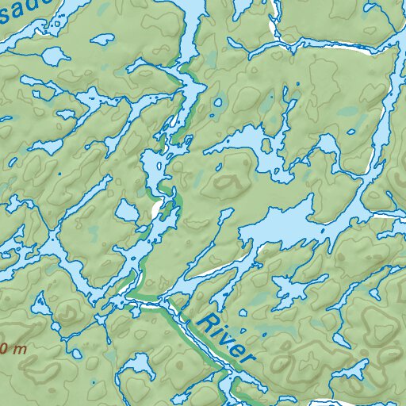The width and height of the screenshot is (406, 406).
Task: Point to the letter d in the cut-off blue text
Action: pyautogui.click(x=41, y=6)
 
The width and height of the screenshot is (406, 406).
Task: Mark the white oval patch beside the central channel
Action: pyautogui.click(x=155, y=209)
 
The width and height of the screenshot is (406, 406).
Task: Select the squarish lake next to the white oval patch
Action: pyautogui.click(x=127, y=211)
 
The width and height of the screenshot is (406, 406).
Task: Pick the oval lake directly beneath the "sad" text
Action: pyautogui.click(x=53, y=56)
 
